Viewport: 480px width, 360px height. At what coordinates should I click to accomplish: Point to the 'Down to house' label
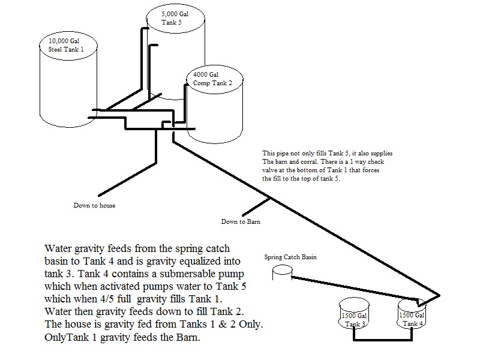click(x=94, y=205)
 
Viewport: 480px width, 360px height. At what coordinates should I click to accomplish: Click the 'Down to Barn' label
click(x=241, y=221)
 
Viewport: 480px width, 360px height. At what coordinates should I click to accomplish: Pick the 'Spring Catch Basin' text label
click(x=290, y=257)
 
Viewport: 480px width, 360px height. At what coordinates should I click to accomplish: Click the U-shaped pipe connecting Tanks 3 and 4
click(x=382, y=341)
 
